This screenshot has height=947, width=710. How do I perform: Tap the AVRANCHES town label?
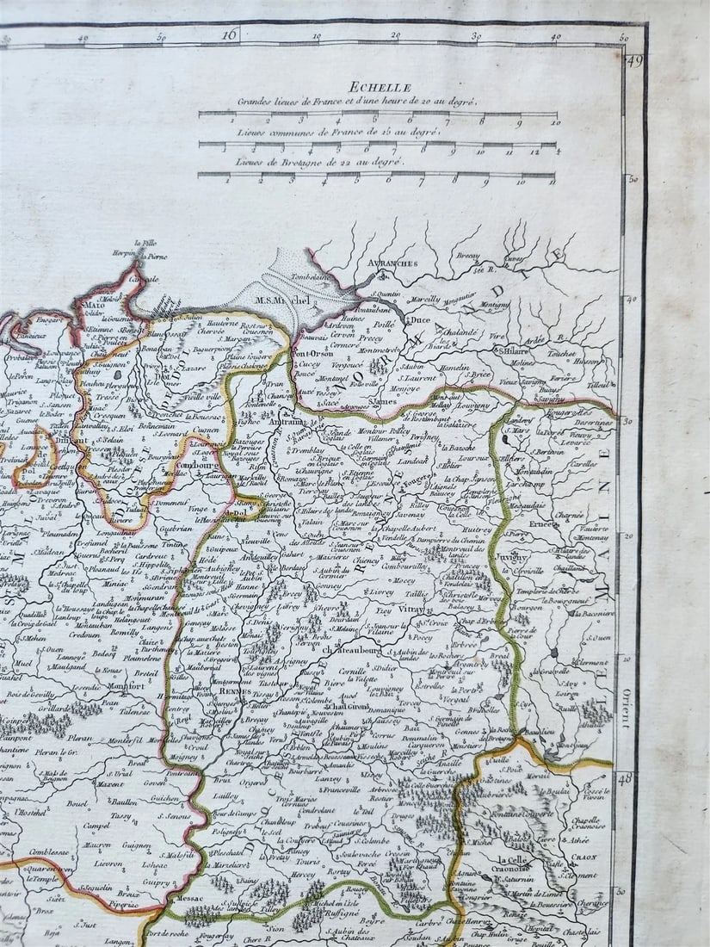[396, 263]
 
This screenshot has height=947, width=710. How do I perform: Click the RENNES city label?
[234, 690]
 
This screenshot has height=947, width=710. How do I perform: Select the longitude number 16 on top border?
[229, 35]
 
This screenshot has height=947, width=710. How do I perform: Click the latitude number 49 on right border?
[635, 60]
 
